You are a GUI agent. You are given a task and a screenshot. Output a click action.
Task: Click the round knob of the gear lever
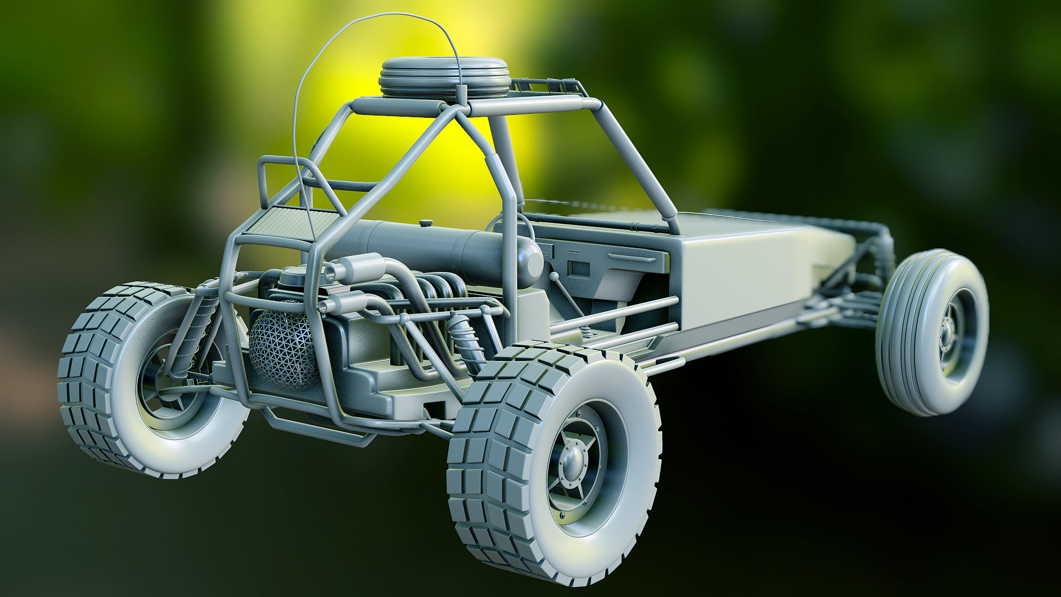[554, 275]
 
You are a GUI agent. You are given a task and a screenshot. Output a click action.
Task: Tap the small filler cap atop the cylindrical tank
[425, 223]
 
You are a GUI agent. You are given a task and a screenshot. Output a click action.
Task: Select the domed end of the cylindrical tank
[528, 263]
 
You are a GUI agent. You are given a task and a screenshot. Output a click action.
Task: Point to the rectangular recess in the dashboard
[579, 269]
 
